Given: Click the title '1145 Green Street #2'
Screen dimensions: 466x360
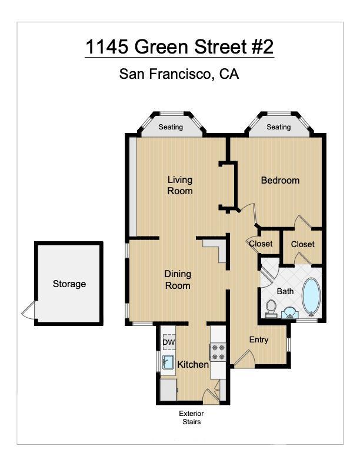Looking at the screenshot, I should pyautogui.click(x=179, y=46).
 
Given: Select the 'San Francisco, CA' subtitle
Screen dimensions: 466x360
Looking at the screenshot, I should pyautogui.click(x=179, y=74).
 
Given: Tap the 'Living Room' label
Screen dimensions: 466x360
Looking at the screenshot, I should pyautogui.click(x=180, y=185).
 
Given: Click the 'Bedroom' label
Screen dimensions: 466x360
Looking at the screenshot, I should pyautogui.click(x=280, y=180).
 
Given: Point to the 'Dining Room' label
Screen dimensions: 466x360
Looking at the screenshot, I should pyautogui.click(x=177, y=279).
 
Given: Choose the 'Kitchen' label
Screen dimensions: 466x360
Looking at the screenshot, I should pyautogui.click(x=193, y=364).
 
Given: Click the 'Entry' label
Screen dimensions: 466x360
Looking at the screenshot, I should pyautogui.click(x=259, y=339).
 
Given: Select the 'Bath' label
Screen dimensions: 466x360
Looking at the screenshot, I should pyautogui.click(x=285, y=291).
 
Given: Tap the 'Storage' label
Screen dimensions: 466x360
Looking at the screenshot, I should pyautogui.click(x=69, y=284).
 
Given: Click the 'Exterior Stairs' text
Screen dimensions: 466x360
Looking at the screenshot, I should pyautogui.click(x=191, y=417).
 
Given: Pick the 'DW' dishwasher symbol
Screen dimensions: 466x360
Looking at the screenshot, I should pyautogui.click(x=169, y=342).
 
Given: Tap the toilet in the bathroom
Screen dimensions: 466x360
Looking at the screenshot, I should pyautogui.click(x=271, y=308).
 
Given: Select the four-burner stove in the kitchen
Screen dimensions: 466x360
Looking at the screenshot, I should pyautogui.click(x=218, y=352).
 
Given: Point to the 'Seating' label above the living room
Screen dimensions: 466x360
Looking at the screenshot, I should pyautogui.click(x=171, y=127).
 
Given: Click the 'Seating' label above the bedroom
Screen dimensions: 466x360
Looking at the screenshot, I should pyautogui.click(x=278, y=127).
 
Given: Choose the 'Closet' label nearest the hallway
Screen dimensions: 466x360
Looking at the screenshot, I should pyautogui.click(x=261, y=244).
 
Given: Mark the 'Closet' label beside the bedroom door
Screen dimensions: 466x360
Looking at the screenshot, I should pyautogui.click(x=302, y=244).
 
